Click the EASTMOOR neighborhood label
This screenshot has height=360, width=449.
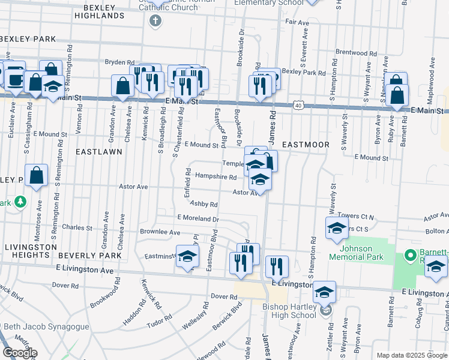(306, 145)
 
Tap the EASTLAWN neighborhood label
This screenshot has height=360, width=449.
(99, 152)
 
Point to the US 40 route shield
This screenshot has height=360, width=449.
(298, 105)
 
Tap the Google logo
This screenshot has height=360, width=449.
(20, 353)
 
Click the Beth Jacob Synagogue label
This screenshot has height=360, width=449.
(49, 327)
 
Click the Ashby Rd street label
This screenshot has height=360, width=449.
(203, 204)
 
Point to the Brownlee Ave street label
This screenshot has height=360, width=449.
(160, 232)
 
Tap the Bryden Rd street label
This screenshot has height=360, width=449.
(119, 62)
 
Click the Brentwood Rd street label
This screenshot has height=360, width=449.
(351, 53)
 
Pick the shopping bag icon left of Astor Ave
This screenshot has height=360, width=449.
(37, 175)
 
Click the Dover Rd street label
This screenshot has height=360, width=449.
(224, 296)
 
